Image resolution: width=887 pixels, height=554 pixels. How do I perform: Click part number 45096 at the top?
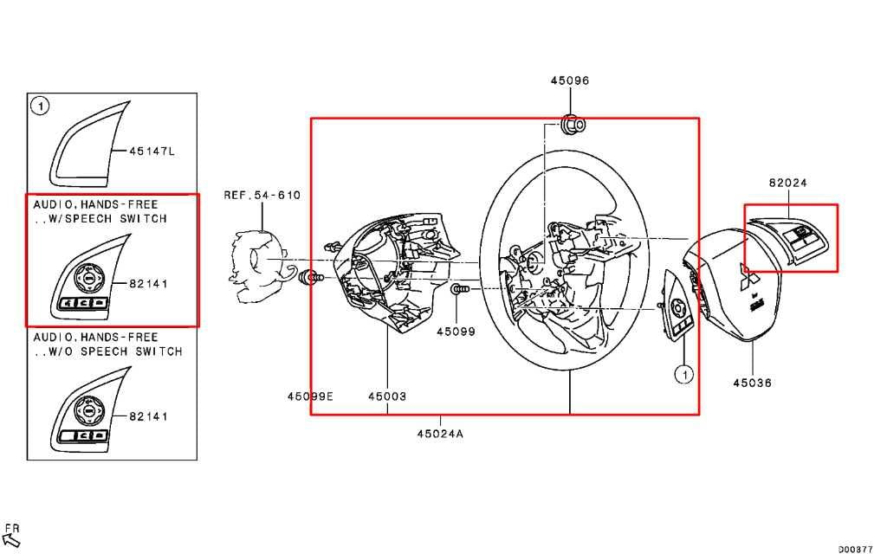click(570, 81)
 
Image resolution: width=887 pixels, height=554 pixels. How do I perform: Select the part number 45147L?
click(152, 151)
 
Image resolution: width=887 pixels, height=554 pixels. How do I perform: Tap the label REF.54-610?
click(262, 195)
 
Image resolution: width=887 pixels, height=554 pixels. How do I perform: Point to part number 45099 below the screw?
click(456, 332)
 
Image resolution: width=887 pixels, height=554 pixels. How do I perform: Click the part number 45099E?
click(310, 396)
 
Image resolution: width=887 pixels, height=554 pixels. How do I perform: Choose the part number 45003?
click(387, 396)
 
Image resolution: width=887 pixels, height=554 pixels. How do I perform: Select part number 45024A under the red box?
click(440, 434)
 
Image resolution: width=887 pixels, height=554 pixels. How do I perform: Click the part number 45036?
click(752, 383)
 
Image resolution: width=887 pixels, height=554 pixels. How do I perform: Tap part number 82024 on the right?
click(787, 183)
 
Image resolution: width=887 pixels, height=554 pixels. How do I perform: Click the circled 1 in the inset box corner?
click(40, 106)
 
